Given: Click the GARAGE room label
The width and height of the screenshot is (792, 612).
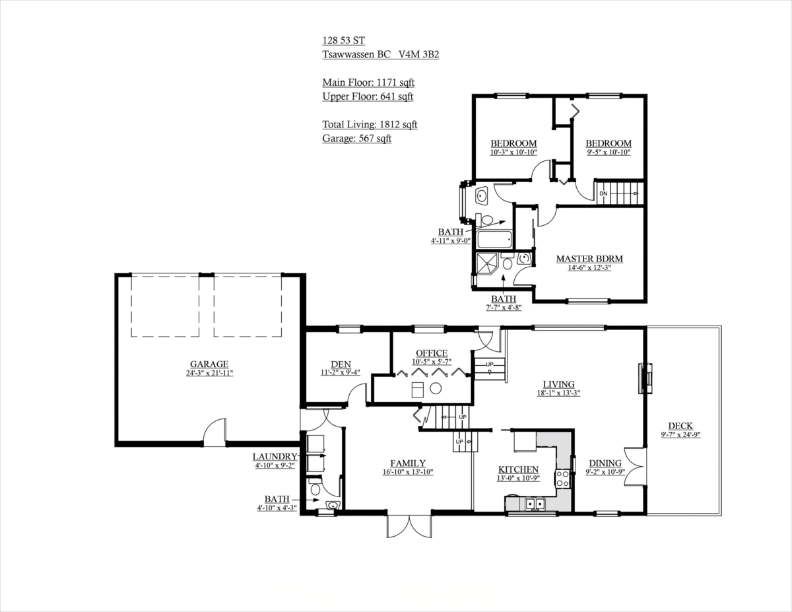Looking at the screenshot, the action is point(209,364).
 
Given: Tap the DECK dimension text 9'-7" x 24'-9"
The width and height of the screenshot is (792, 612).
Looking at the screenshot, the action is point(681,434).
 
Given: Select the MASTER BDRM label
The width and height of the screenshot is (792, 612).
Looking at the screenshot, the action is point(589,258).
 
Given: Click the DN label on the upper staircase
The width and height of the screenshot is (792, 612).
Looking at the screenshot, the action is point(603,193).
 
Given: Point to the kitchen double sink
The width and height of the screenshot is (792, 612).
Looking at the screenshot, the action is point(535,504).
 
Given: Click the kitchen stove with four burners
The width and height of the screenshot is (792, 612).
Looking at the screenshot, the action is point(562,479).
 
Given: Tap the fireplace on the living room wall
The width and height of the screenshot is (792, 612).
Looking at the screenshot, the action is point(645,378).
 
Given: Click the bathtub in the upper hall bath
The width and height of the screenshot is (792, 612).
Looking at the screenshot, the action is point(494,239).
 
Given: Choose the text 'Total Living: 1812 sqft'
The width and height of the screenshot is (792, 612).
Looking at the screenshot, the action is point(370,124).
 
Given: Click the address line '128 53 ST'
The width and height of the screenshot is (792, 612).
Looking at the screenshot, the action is point(343,40).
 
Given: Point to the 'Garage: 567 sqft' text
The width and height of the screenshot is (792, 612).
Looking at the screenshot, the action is point(357,138).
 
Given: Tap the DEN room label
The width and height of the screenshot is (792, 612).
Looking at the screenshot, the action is point(341,364).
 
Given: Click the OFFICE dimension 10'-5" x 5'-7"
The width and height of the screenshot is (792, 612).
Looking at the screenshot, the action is point(432,362).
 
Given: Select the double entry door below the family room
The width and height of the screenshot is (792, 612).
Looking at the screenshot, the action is point(409,526).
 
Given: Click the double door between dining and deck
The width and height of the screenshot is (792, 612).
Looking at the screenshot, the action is point(635,466).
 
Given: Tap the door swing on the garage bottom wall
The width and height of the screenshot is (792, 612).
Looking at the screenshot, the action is point(214,432).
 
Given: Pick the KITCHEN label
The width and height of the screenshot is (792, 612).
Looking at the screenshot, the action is point(518,469).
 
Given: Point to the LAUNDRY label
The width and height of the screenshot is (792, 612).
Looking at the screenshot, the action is point(275,456).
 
